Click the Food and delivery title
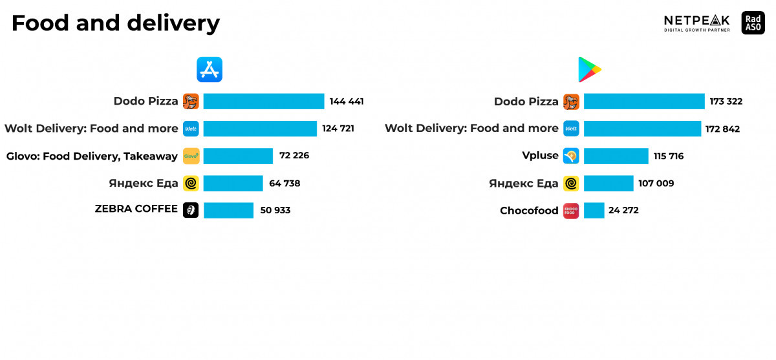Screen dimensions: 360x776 116,24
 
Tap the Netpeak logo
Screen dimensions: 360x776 696,23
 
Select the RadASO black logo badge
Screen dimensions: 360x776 753,23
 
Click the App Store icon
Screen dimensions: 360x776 210,69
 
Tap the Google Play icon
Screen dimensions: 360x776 589,70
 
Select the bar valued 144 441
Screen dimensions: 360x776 263,101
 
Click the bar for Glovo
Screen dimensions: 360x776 238,156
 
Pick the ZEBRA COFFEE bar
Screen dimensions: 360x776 228,210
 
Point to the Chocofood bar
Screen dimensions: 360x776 594,210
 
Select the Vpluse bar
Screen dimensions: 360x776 616,156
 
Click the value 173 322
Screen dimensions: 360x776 726,101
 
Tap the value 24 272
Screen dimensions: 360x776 624,210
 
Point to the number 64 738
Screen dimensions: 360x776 285,183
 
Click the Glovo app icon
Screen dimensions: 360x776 191,156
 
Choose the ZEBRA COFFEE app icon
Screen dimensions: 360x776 191,210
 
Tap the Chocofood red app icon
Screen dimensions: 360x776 571,210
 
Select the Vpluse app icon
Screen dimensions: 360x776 571,156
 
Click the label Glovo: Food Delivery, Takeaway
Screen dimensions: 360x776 92,156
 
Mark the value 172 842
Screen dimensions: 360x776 722,129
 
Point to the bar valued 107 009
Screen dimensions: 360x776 609,183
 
